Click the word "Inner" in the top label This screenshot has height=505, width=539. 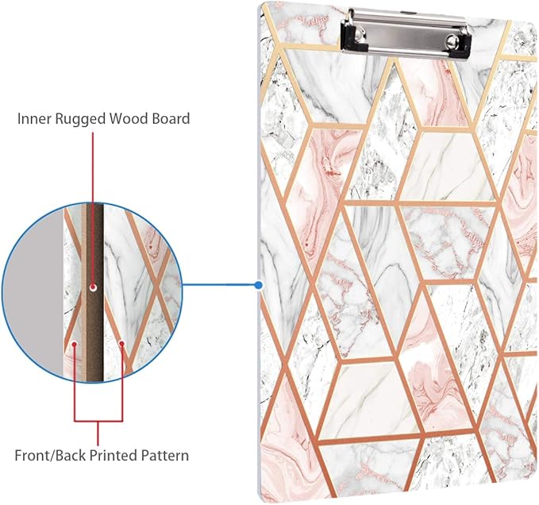point(33,119)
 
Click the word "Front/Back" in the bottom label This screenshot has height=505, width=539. point(52,457)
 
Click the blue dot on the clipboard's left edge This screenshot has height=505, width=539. point(259,284)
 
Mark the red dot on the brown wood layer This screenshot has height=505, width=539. point(94,287)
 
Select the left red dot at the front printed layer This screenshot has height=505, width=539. point(73,344)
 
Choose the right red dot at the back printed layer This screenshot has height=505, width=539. point(121,344)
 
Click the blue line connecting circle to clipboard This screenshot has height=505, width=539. point(222,284)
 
